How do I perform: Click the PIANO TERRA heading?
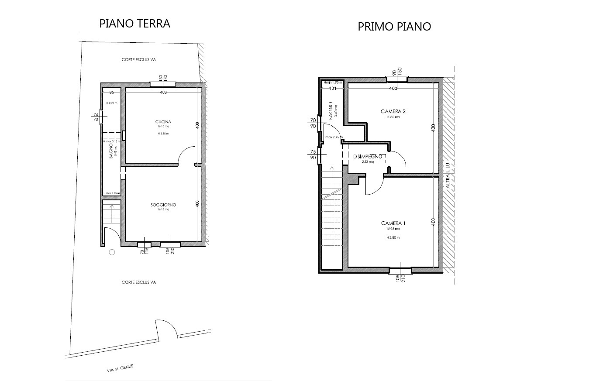click(134, 24)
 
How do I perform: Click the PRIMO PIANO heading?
click(394, 27)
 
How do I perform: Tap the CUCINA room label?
click(163, 121)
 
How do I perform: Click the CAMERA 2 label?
click(390, 112)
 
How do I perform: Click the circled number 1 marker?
click(112, 252)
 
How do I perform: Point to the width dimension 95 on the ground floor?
click(112, 93)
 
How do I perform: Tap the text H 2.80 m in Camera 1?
click(393, 238)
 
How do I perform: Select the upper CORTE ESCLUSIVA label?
click(139, 60)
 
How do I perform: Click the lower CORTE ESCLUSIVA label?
click(139, 282)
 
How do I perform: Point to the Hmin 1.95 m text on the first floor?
click(332, 82)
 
